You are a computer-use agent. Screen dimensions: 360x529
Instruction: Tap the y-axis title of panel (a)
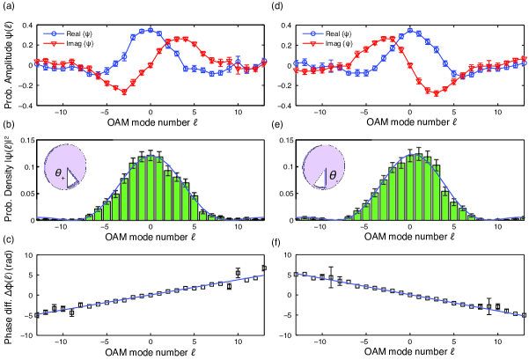(x=7, y=62)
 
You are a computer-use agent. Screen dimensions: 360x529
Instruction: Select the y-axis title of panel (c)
(x=7, y=296)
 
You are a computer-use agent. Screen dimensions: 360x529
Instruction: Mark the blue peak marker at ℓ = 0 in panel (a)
(x=151, y=30)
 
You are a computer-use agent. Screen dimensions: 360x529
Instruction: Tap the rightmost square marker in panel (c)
(x=264, y=268)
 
